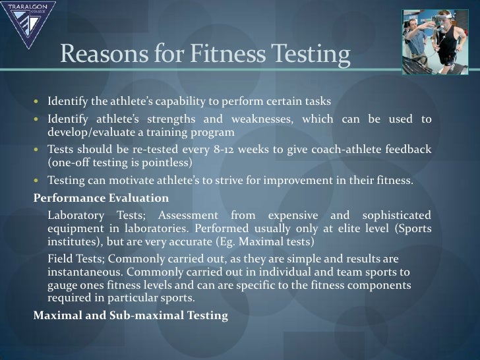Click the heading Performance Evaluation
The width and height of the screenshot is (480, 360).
[101, 198]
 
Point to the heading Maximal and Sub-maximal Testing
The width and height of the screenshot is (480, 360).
[131, 315]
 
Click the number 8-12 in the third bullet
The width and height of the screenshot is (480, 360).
[228, 149]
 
